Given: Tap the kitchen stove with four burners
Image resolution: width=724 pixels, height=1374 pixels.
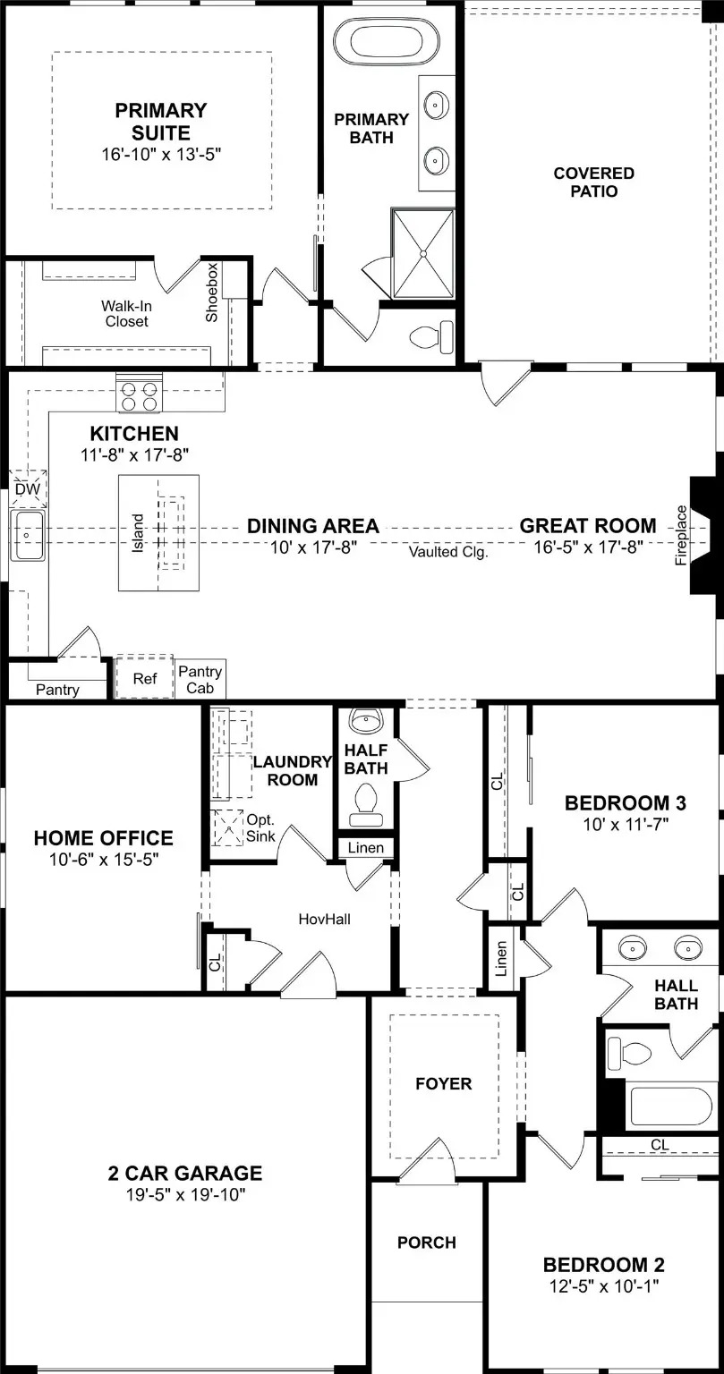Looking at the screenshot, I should tap(135, 395).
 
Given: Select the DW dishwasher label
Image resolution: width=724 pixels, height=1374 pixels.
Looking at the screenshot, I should tap(27, 489).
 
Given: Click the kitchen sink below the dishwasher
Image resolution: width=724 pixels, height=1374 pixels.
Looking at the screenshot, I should tap(27, 534).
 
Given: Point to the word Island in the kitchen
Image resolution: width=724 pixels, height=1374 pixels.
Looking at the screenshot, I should tap(138, 533).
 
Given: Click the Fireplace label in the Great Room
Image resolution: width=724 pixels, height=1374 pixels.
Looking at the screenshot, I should tap(681, 536).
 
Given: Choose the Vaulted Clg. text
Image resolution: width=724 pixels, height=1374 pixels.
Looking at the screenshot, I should tap(448, 552).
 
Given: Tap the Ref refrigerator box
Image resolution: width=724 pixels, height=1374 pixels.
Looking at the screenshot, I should tap(144, 679).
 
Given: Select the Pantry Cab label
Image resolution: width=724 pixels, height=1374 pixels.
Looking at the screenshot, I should tap(200, 680).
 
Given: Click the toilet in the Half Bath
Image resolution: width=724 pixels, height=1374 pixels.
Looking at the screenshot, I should tap(366, 802).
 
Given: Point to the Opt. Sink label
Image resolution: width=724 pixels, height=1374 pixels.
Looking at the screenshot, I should tap(260, 828).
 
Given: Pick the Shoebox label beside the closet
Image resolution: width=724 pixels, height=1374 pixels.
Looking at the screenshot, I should tap(212, 293).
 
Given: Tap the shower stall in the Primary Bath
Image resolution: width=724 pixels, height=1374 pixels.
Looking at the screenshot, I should tap(422, 254).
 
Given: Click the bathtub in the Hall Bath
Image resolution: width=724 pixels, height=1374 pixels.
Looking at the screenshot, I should tap(660, 1104).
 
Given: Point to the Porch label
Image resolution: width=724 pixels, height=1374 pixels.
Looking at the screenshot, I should tap(427, 1243).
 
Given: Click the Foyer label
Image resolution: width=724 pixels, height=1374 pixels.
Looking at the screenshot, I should tap(443, 1084).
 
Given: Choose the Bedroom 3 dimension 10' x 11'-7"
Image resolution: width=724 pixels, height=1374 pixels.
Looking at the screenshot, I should tap(617, 822).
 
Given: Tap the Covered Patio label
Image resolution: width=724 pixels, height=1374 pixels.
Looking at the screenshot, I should tap(593, 182).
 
